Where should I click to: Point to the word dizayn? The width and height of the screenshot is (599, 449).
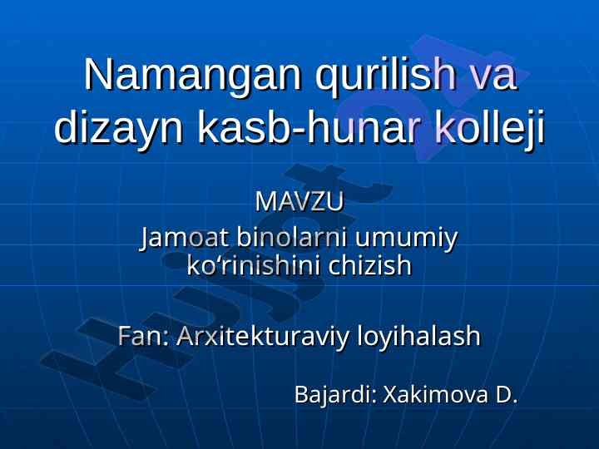tap(119, 127)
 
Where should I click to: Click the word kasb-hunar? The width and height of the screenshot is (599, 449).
tap(309, 126)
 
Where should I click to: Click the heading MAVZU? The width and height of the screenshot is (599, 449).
tap(299, 201)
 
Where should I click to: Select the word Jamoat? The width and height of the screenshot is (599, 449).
tap(185, 239)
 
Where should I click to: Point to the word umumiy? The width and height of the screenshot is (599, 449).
tap(406, 239)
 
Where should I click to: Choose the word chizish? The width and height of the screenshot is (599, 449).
tap(369, 265)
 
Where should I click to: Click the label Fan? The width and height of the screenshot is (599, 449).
tap(143, 336)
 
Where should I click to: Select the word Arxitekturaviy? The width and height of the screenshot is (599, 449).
tap(263, 337)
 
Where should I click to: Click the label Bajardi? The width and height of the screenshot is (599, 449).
tap(336, 395)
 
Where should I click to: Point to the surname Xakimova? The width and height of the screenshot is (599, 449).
tap(435, 394)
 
